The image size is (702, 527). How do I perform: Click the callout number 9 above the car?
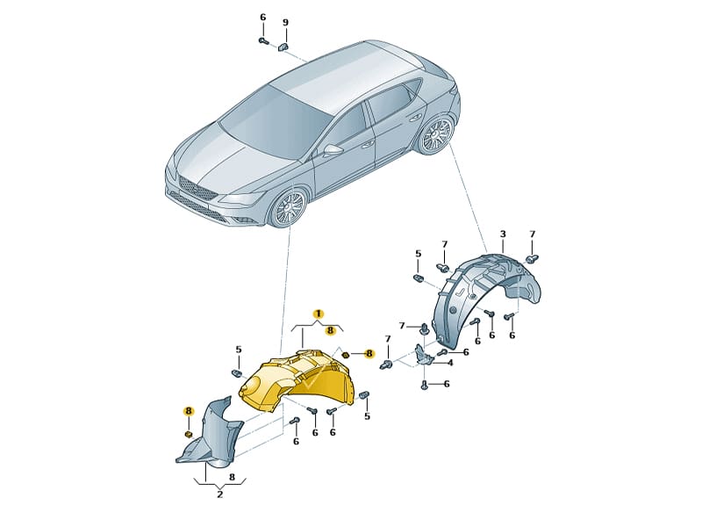click(285, 23)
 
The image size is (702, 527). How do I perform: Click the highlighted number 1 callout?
click(319, 314)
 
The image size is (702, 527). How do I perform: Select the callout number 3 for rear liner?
click(503, 234)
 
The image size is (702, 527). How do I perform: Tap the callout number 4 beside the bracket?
click(450, 363)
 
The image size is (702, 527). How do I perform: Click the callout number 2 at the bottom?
click(220, 495)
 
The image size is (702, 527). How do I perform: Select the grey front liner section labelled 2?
click(211, 435)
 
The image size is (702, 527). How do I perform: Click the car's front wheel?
click(290, 209)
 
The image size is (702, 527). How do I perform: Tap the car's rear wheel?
click(435, 134)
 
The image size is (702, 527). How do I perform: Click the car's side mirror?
click(332, 149)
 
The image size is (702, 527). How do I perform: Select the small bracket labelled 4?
click(424, 354)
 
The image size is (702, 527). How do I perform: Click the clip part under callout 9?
click(283, 47)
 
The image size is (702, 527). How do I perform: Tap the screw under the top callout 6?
click(263, 41)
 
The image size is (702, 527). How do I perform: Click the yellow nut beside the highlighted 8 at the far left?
click(189, 434)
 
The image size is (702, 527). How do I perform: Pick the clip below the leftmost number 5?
click(237, 372)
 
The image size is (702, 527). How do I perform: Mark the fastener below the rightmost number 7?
click(532, 258)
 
